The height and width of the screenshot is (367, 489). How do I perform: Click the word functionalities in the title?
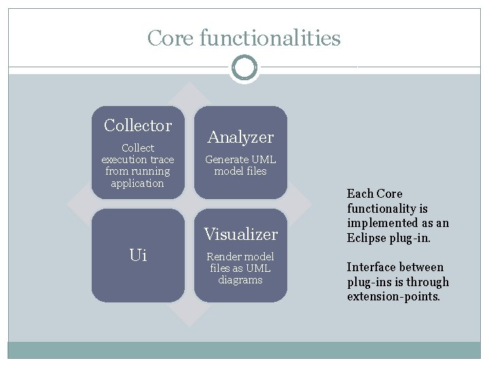270,38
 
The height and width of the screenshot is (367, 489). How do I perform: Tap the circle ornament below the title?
244,68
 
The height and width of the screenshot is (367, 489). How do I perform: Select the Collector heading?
138,126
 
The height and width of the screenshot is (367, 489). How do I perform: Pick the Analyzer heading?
240,137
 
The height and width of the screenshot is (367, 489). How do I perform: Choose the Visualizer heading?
241,234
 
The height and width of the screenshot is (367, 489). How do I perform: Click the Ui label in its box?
138,256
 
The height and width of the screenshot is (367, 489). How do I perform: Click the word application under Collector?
138,183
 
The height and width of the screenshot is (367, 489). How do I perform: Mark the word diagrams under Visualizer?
240,280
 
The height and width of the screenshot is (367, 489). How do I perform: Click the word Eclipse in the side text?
367,238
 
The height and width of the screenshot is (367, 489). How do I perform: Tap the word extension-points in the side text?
393,297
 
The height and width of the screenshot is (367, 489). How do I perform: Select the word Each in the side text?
359,194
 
